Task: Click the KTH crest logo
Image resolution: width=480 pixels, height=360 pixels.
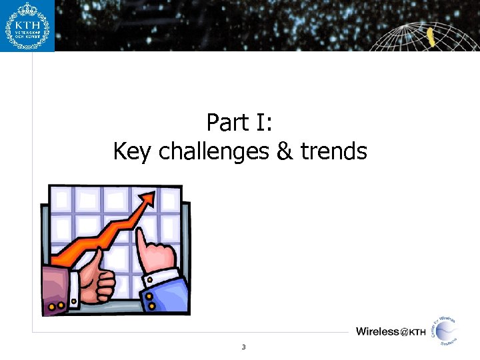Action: point(27,25)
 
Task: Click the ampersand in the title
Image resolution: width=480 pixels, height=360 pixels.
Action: point(283,152)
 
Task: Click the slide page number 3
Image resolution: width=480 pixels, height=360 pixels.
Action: point(243,347)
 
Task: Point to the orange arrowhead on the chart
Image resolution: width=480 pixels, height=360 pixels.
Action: point(149,197)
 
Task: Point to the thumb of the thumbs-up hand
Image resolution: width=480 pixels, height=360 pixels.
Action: point(97,257)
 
